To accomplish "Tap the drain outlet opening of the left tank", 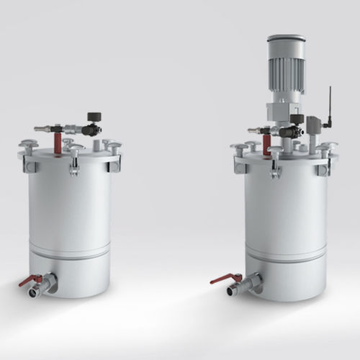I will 33,292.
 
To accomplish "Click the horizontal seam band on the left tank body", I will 70,252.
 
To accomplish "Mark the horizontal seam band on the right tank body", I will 286,256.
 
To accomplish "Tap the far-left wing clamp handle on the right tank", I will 240,147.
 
